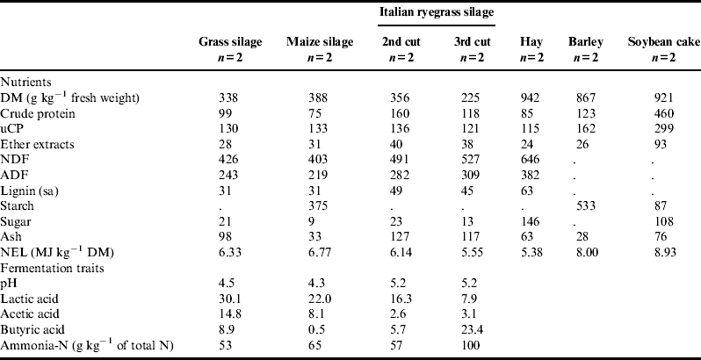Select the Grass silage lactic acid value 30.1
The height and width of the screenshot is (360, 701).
(230, 297)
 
